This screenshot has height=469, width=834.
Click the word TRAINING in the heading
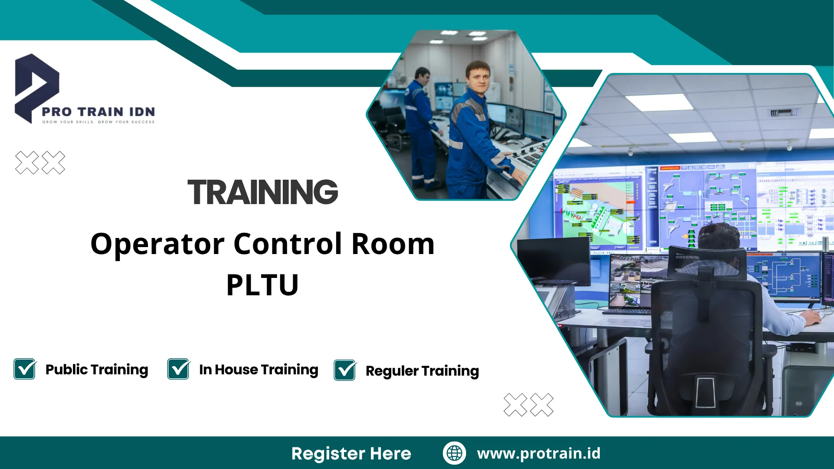tap(262, 192)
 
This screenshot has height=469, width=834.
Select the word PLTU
tap(262, 285)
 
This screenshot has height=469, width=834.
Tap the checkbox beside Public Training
tap(25, 369)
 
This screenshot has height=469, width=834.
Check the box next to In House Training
tap(179, 369)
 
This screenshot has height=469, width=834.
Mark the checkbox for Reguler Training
tap(345, 370)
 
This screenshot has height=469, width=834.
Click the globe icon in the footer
tap(454, 453)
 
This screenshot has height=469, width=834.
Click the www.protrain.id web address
tap(539, 453)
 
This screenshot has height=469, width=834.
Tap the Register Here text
tap(351, 453)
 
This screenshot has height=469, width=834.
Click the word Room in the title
tap(393, 244)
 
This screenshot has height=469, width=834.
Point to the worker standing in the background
tap(419, 126)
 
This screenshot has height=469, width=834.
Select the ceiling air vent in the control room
tap(784, 113)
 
